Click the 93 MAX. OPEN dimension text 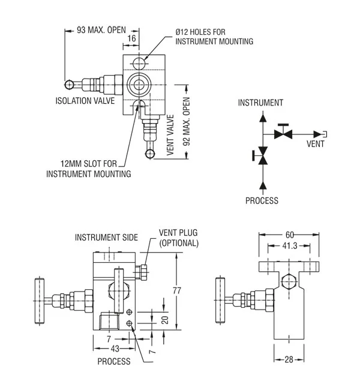(x=101, y=28)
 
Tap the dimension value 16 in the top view (x=131, y=38)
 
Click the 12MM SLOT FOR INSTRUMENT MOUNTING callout (x=88, y=169)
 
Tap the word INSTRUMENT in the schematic (x=260, y=103)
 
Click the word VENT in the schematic (x=317, y=144)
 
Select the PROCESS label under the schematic (x=262, y=201)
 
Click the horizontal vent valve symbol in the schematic (x=283, y=133)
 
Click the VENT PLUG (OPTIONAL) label (x=178, y=238)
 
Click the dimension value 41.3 (x=288, y=245)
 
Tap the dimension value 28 (x=289, y=360)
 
